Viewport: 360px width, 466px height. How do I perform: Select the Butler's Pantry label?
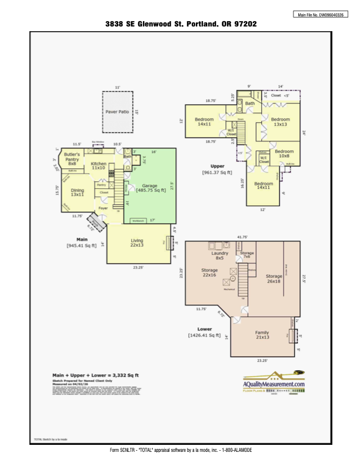tap(72, 159)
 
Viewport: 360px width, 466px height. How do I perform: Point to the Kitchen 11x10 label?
tap(98, 165)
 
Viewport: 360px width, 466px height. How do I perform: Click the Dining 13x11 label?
tap(78, 192)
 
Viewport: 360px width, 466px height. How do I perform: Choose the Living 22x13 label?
tap(136, 242)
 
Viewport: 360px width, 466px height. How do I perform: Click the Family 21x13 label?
tap(262, 335)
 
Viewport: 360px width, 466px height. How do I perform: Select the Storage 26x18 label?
tap(274, 278)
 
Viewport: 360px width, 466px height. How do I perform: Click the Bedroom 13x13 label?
tap(280, 122)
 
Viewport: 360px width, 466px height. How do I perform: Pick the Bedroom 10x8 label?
tap(284, 153)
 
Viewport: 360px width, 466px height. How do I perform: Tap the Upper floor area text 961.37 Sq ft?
tap(218, 172)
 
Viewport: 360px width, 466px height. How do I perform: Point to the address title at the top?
tap(181, 24)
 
